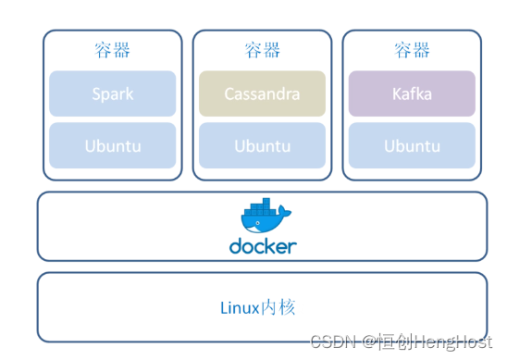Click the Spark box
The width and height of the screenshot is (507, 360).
[x=112, y=93]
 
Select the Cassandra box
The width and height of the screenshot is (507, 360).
[x=262, y=93]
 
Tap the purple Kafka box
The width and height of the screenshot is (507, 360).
[x=412, y=93]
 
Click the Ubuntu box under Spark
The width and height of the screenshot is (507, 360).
[x=112, y=145]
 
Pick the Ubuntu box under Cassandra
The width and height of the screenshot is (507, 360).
[x=262, y=145]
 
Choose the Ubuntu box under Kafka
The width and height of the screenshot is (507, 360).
[x=412, y=145]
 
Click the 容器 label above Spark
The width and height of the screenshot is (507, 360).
[x=112, y=50]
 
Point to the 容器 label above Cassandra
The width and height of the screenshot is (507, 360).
[x=262, y=50]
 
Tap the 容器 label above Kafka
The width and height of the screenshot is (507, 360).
[x=412, y=50]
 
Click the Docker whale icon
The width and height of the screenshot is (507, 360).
[x=264, y=219]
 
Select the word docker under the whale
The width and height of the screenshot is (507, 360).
[x=263, y=246]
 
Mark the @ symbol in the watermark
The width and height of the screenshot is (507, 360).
[x=367, y=343]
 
